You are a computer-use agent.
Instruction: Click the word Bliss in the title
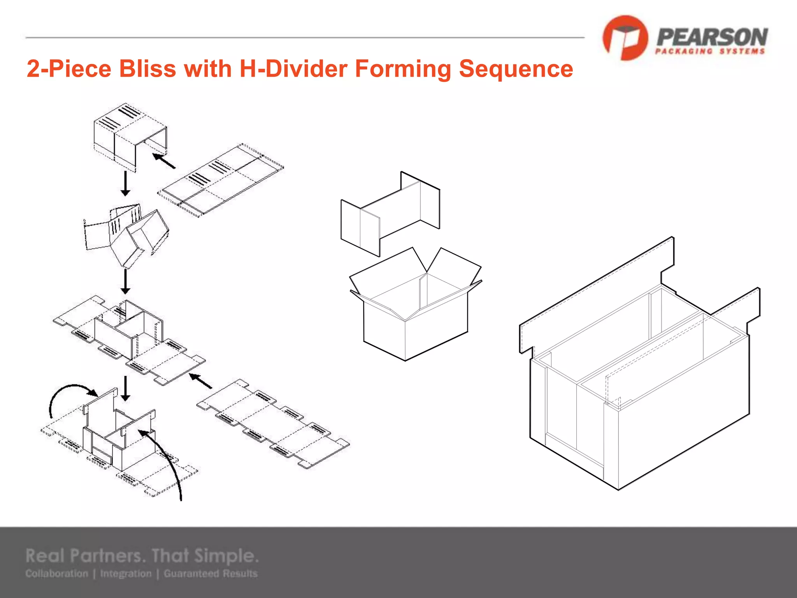tap(147, 69)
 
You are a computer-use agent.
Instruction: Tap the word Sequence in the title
tap(516, 69)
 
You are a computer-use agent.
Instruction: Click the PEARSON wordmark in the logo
tap(712, 37)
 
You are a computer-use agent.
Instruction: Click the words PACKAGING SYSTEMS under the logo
tap(710, 51)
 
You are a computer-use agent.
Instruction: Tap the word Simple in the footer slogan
tap(226, 556)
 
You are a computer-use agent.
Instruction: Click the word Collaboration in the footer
tap(57, 573)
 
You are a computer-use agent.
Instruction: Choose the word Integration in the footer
tap(126, 573)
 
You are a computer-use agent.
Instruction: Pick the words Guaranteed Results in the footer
tap(211, 573)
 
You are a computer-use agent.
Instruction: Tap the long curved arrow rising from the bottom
tap(167, 459)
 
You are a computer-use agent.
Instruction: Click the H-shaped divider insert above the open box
tap(390, 213)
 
